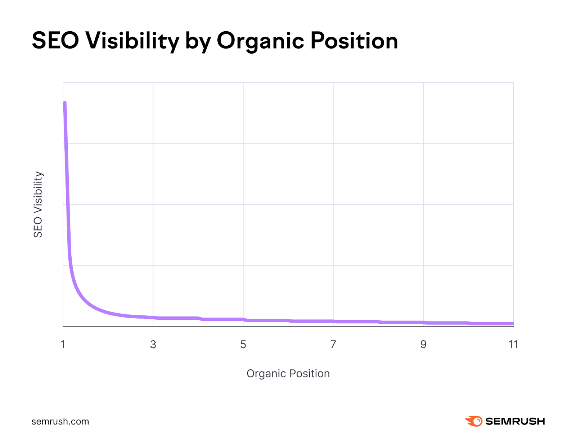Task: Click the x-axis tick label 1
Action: pos(63,345)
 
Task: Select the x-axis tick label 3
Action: pos(153,345)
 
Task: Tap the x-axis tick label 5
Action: pos(243,345)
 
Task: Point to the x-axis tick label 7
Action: pos(333,345)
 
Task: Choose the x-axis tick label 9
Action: pos(423,345)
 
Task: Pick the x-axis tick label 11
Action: pos(513,345)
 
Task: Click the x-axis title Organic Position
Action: pos(288,374)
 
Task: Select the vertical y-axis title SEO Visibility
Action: pos(38,204)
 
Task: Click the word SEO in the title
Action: pos(55,40)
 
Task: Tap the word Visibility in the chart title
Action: pos(132,40)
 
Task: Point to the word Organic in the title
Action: pos(260,40)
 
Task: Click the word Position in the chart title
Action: pos(354,40)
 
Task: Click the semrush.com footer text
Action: pos(60,422)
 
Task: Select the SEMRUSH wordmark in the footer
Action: pos(515,421)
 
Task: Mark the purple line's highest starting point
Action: pos(65,103)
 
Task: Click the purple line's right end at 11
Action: pos(512,324)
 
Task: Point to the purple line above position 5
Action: pos(243,319)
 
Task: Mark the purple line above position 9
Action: pos(423,323)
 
